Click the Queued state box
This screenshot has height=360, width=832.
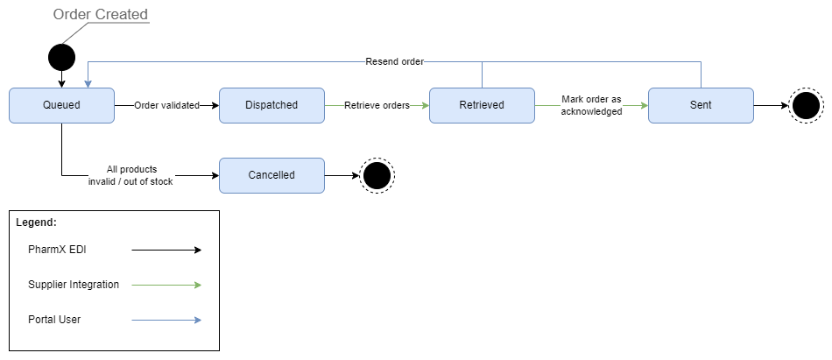[61, 105]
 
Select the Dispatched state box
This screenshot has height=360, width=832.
[271, 105]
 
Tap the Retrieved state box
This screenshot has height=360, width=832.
[482, 105]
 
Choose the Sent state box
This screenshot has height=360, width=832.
[701, 105]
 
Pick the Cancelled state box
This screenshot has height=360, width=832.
[271, 175]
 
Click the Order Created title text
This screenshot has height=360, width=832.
[101, 15]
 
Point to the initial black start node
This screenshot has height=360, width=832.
[61, 58]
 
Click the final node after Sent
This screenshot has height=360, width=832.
[805, 106]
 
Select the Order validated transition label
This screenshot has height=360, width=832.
[166, 105]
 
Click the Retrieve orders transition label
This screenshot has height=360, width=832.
[377, 105]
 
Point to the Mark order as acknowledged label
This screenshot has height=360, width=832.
[591, 105]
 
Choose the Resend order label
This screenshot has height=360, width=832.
[394, 61]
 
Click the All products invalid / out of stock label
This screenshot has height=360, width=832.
[130, 175]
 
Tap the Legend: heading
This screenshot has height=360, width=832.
[36, 223]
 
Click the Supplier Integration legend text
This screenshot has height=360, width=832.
[74, 285]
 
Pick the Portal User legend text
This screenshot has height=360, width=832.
[54, 320]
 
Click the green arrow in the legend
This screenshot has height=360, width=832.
[166, 285]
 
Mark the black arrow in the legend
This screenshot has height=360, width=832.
[166, 251]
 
